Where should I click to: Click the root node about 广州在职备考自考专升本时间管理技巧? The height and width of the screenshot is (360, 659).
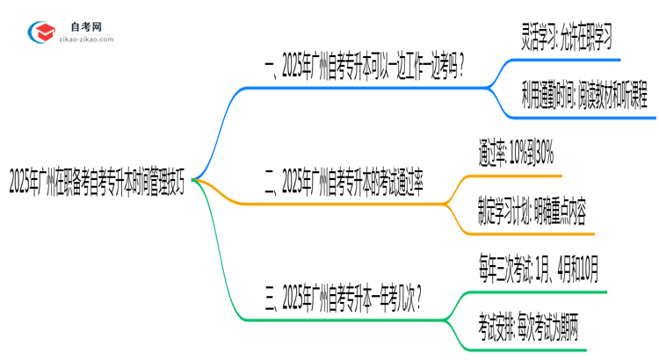point(96,183)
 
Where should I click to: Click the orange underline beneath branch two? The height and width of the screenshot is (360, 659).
point(351,204)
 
